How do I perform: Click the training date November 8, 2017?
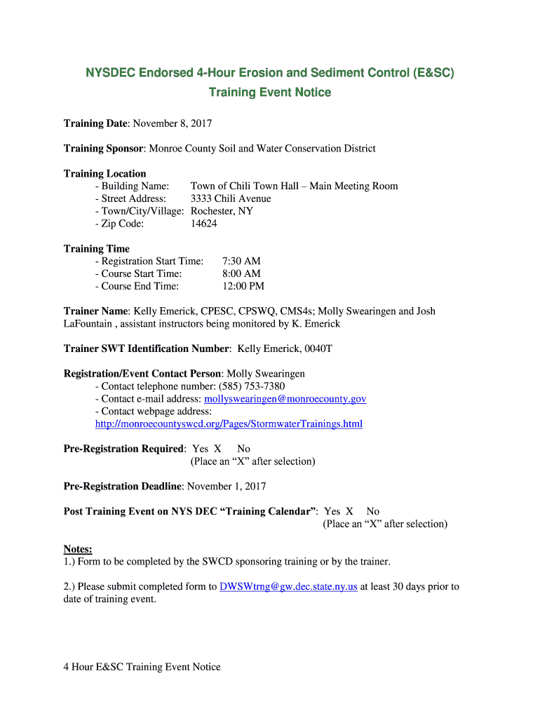point(172,123)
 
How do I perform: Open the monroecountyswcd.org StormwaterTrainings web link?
point(229,424)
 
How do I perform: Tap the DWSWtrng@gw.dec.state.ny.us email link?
point(288,586)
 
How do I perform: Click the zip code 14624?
point(204,224)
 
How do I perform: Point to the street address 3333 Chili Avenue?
point(231,198)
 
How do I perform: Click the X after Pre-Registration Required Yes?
point(217,449)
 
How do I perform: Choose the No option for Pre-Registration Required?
point(243,449)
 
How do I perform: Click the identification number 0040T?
point(317,348)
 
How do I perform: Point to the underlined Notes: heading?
point(78,549)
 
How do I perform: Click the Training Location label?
point(105,174)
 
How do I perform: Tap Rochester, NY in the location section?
point(222,211)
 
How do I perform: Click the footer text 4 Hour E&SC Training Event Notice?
point(142,667)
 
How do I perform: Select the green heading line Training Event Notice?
point(270,93)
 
